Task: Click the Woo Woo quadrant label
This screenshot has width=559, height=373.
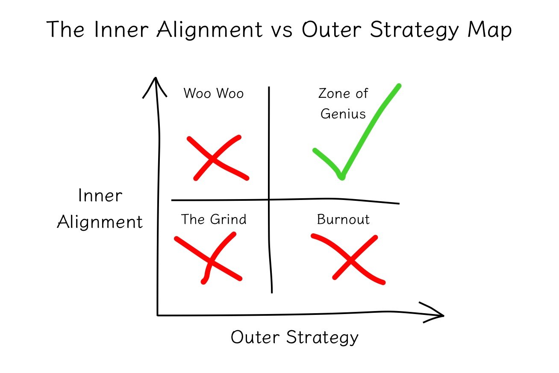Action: pos(213,93)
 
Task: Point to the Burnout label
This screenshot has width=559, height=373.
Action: pos(343,220)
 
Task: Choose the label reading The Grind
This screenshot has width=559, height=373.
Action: pos(214,220)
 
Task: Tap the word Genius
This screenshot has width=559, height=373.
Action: pos(343,114)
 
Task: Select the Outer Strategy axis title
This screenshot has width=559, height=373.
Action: pos(294,338)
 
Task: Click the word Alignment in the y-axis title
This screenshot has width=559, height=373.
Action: pos(100,222)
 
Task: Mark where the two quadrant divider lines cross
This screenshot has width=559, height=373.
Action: pos(269,199)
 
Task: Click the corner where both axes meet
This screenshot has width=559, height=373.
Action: pos(158,315)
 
